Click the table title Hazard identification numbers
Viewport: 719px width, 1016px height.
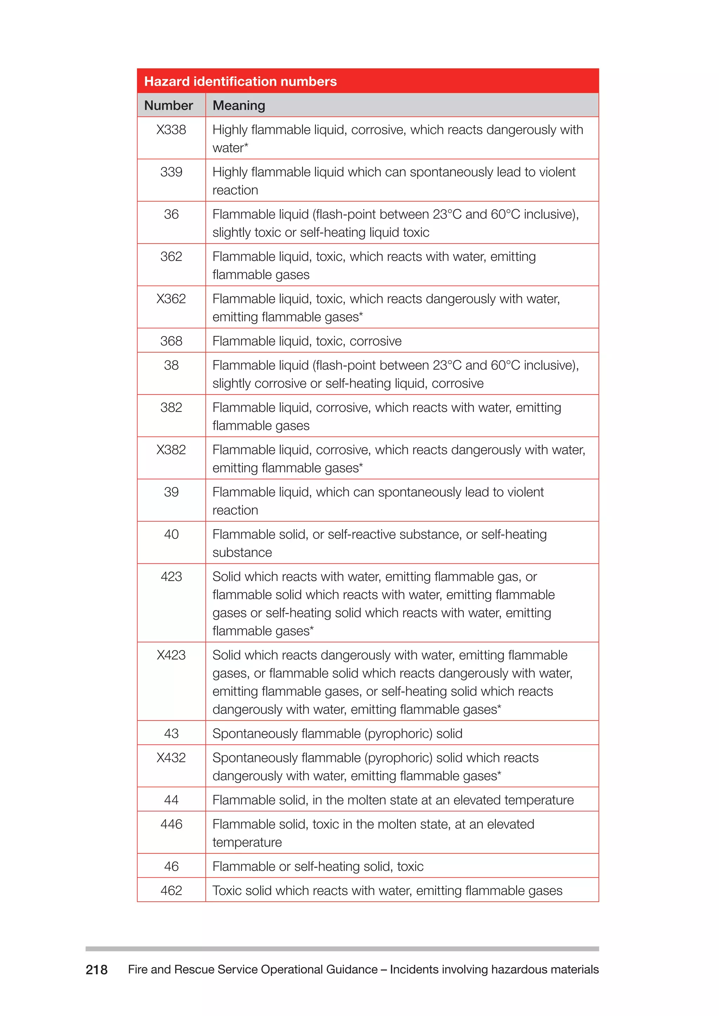240,81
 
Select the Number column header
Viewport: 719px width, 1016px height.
169,105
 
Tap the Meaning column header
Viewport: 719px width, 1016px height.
239,105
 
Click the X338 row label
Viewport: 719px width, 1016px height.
171,130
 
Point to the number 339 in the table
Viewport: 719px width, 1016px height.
171,172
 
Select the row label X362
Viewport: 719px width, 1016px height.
171,299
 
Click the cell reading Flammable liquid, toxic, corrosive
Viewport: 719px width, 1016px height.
307,341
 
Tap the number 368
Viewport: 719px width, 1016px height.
171,341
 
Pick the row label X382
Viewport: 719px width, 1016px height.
171,450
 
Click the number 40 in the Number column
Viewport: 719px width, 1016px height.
171,534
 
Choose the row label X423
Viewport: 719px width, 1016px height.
171,655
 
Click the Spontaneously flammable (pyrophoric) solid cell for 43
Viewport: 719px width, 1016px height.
337,733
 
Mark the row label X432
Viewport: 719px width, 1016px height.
171,757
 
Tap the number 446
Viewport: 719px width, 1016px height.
171,824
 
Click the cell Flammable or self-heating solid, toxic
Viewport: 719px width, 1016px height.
318,866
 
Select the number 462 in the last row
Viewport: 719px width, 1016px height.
171,890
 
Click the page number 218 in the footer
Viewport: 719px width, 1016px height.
97,970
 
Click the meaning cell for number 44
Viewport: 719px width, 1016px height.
393,800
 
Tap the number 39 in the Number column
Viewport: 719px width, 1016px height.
171,492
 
